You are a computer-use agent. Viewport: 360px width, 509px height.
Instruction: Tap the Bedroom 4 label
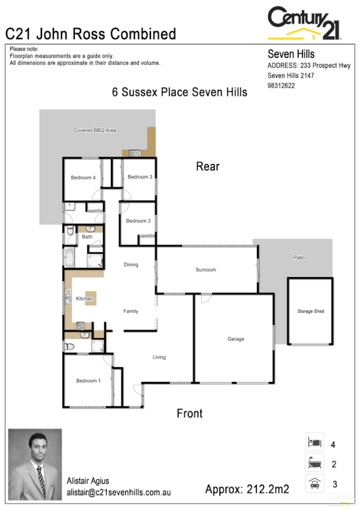83,177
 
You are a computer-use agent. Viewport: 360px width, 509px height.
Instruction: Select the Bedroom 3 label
140,177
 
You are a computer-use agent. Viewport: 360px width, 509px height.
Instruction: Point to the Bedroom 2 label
138,221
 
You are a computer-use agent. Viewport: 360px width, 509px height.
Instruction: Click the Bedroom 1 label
88,381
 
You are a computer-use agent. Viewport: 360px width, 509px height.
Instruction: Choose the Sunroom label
205,270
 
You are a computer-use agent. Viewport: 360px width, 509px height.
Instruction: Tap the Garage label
235,339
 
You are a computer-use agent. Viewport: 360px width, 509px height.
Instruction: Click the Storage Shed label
310,312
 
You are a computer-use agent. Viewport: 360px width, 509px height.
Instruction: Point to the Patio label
299,258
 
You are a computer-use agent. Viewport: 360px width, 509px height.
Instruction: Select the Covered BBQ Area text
95,130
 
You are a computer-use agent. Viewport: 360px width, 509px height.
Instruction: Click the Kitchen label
84,299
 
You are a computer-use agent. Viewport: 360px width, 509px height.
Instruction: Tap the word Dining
131,264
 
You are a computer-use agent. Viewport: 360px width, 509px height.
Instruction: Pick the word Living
159,357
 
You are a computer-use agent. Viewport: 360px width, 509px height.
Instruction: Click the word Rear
208,167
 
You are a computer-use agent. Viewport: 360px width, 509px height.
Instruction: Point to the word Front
189,413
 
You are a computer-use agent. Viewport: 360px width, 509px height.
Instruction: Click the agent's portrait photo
35,464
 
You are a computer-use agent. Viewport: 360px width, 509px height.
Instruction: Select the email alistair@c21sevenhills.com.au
119,492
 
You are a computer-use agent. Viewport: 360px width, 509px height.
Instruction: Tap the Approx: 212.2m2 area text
247,489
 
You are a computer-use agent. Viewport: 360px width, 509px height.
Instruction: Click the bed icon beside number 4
314,442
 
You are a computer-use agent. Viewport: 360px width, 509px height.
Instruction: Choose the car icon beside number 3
314,483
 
